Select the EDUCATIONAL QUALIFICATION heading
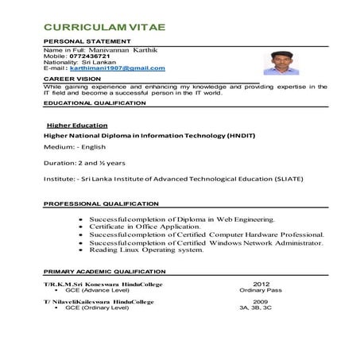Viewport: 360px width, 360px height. pyautogui.click(x=95, y=103)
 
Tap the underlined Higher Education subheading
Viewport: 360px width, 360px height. pyautogui.click(x=74, y=126)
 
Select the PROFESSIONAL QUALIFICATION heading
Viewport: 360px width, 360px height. pyautogui.click(x=99, y=205)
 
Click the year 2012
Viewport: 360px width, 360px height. pyautogui.click(x=261, y=284)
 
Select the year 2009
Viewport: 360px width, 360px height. pyautogui.click(x=261, y=302)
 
